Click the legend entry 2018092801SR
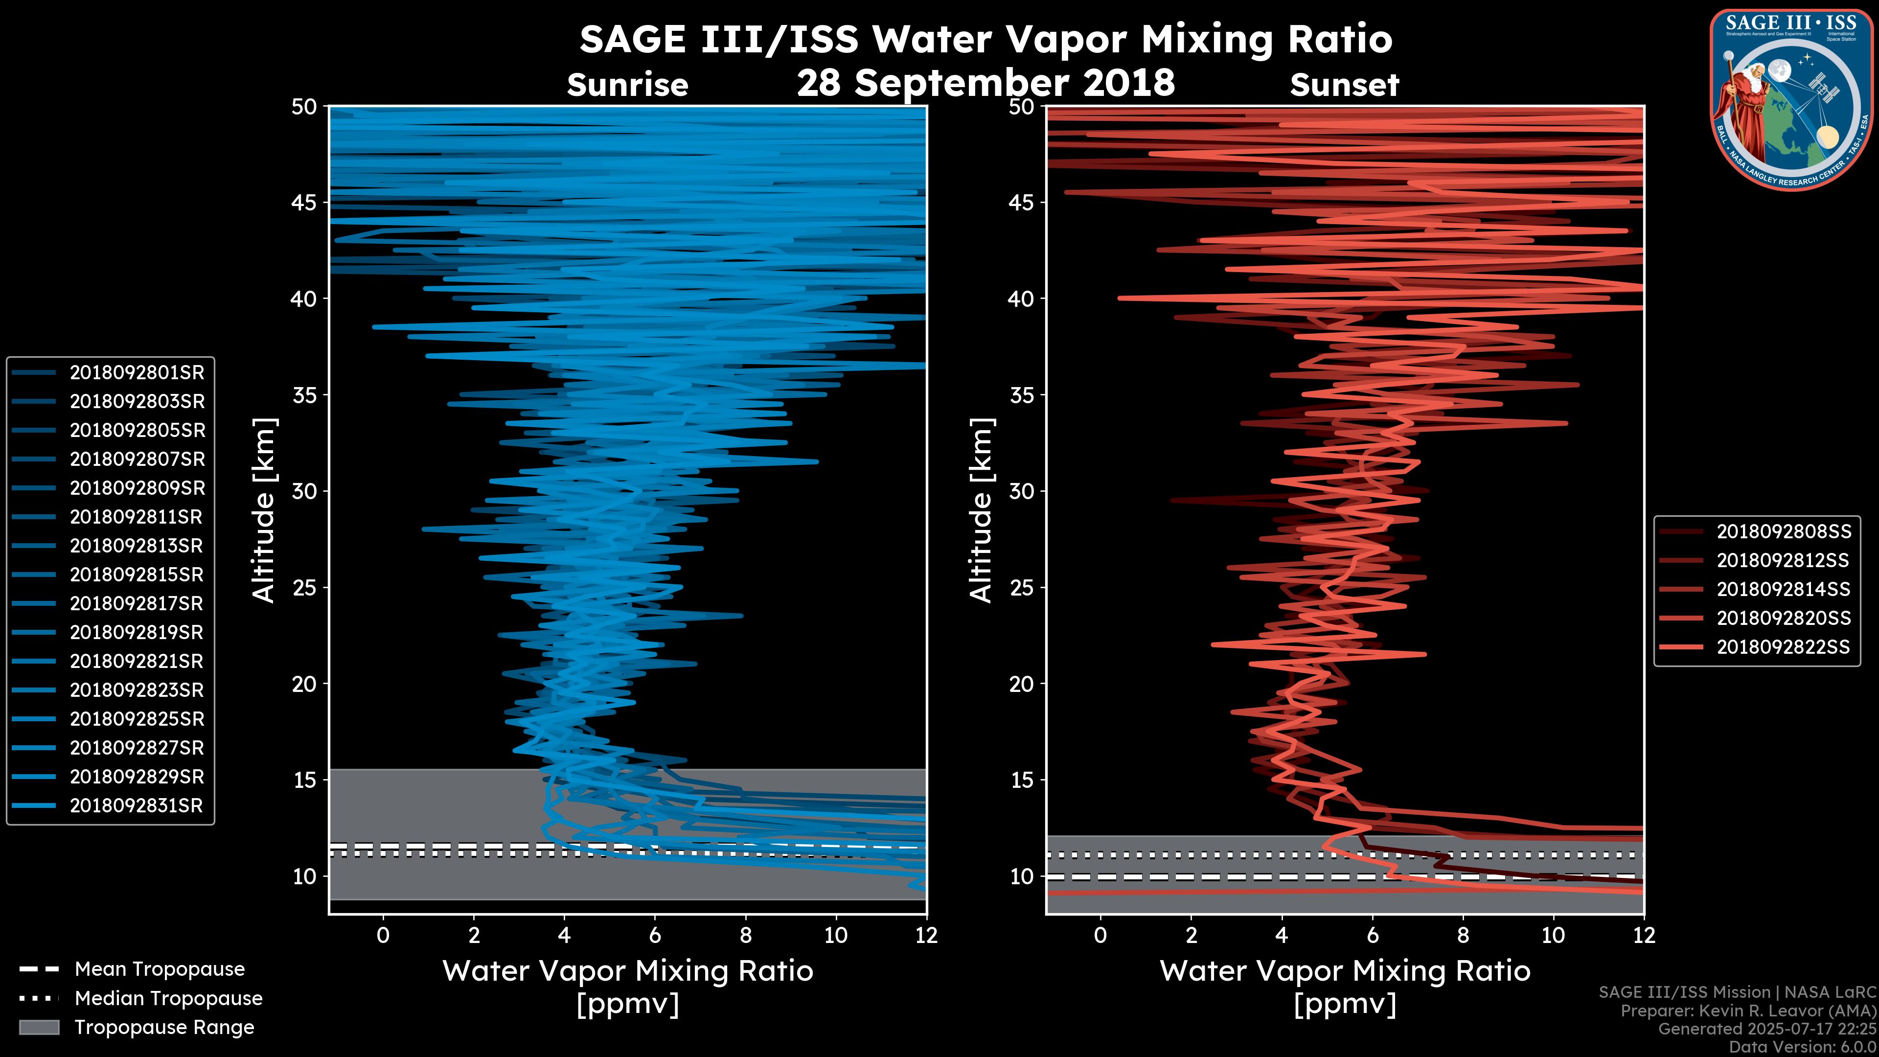click(137, 373)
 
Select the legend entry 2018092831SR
click(137, 806)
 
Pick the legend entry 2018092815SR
click(137, 575)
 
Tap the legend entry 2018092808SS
click(1784, 532)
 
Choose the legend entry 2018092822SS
click(1784, 647)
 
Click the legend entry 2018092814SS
click(1784, 589)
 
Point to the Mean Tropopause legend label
click(160, 969)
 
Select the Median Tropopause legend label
click(168, 999)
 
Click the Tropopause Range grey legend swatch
click(39, 1027)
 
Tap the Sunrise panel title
click(627, 85)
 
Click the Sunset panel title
click(1344, 85)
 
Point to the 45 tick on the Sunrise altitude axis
click(305, 202)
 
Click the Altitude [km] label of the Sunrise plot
click(264, 510)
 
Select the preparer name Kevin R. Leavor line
click(1748, 1011)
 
